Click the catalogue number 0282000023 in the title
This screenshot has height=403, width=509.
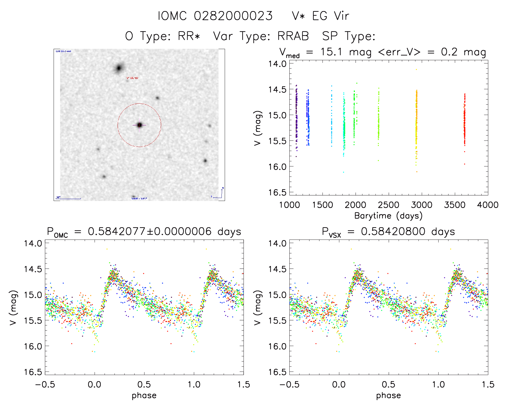click(233, 16)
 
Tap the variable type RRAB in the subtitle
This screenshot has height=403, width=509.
click(293, 36)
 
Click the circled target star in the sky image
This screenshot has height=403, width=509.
click(139, 125)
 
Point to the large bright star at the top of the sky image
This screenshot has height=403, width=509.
click(119, 68)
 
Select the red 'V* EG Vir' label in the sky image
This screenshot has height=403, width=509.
click(132, 78)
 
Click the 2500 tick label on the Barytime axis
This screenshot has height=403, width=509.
click(389, 205)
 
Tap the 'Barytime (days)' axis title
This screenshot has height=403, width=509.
click(388, 216)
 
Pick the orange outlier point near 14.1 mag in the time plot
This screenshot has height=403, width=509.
click(416, 69)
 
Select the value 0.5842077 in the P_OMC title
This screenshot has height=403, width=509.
click(117, 232)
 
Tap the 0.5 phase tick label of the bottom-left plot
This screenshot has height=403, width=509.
click(144, 384)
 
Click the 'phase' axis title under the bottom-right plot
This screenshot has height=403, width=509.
click(388, 395)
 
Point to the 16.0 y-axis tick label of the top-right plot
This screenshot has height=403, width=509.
click(277, 167)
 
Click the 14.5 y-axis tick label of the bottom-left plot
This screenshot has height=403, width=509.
click(33, 269)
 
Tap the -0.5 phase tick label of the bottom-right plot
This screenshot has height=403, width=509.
click(289, 384)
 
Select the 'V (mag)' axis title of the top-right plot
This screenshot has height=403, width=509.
click(258, 128)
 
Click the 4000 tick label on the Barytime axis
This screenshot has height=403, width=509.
click(488, 205)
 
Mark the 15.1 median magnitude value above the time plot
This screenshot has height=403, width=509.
click(331, 52)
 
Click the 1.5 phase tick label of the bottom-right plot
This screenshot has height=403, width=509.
click(488, 384)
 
